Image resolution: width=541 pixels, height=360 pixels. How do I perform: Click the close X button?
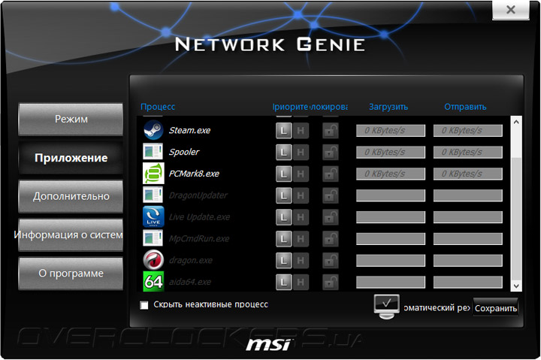coord(510,10)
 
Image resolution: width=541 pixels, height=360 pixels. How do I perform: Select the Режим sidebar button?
coord(71,119)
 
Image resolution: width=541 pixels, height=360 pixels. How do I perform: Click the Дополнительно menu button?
coord(71,196)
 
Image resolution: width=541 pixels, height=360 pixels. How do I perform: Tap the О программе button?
coord(71,273)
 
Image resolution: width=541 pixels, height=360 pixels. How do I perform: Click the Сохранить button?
coord(496,308)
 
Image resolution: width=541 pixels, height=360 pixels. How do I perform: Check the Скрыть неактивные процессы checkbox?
coord(144,305)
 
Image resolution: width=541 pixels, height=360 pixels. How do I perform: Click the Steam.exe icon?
coord(153,130)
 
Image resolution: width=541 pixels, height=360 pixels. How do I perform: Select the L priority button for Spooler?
coord(283,152)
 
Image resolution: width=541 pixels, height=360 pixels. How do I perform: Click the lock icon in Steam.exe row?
coord(330,130)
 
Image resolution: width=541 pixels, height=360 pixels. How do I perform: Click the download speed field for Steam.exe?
coord(390,130)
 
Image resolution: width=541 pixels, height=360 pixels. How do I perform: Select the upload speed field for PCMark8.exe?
coord(467,174)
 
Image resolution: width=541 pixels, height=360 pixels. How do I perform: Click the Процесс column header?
coord(158,107)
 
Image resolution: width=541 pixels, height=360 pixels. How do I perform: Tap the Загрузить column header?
coord(388,107)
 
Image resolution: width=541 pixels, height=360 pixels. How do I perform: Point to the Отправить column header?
coord(465,107)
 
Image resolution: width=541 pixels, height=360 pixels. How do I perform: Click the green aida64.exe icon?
coord(153,282)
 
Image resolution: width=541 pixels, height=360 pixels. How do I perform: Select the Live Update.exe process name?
coord(199,217)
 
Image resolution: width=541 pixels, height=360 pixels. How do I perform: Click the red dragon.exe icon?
coord(153,260)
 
